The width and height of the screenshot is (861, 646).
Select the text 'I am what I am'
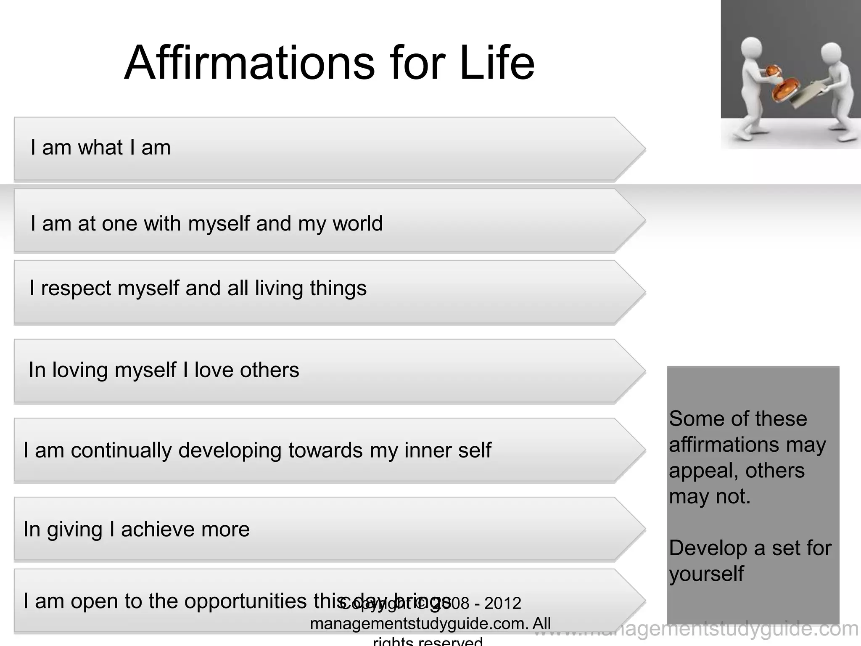100,148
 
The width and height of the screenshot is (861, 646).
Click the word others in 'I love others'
269,370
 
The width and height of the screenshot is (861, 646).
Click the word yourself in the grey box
706,574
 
